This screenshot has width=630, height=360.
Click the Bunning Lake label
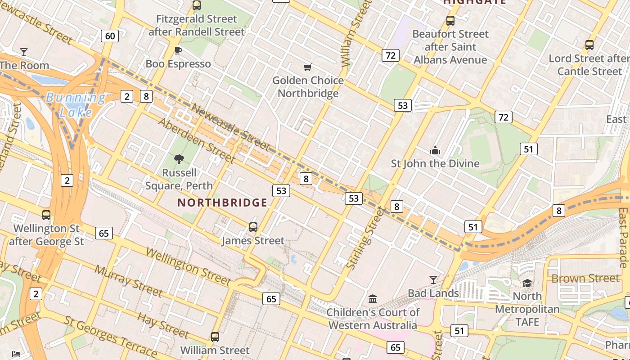(x=76, y=104)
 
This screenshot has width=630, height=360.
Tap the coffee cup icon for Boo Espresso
(x=178, y=50)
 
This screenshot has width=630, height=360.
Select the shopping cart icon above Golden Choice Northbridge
(x=308, y=67)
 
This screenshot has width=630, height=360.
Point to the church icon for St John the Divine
(x=435, y=150)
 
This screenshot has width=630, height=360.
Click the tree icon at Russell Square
(x=179, y=159)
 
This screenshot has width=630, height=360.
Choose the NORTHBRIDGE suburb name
(x=222, y=203)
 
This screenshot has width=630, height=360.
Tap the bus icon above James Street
(x=253, y=227)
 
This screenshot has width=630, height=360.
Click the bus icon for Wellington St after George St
(x=46, y=215)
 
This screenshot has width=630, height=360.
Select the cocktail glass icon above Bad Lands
(x=433, y=279)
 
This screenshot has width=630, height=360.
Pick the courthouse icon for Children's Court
(x=373, y=299)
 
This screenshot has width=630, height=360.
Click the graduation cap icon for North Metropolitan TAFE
(x=527, y=283)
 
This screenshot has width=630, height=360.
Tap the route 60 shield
(x=110, y=36)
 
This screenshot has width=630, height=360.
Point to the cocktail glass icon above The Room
(x=23, y=52)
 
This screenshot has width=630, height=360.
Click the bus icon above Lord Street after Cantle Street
(x=589, y=45)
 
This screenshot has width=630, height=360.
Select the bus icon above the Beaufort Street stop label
(x=450, y=20)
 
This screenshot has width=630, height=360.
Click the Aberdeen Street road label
(x=197, y=141)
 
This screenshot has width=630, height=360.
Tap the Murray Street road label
(x=128, y=281)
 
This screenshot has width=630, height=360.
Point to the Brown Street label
(x=585, y=279)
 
